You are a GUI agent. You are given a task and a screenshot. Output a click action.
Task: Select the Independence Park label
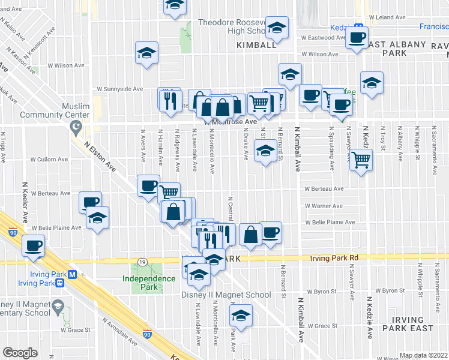144,282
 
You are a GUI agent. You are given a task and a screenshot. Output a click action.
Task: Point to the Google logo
20,353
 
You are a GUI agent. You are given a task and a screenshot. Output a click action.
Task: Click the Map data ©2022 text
423,355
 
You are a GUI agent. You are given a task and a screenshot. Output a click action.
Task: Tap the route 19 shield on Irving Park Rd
142,262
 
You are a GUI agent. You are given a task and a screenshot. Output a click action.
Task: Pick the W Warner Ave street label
323,206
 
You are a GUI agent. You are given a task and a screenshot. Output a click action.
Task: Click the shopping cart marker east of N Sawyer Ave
361,160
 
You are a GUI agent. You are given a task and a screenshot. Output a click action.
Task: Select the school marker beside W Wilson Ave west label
146,54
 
